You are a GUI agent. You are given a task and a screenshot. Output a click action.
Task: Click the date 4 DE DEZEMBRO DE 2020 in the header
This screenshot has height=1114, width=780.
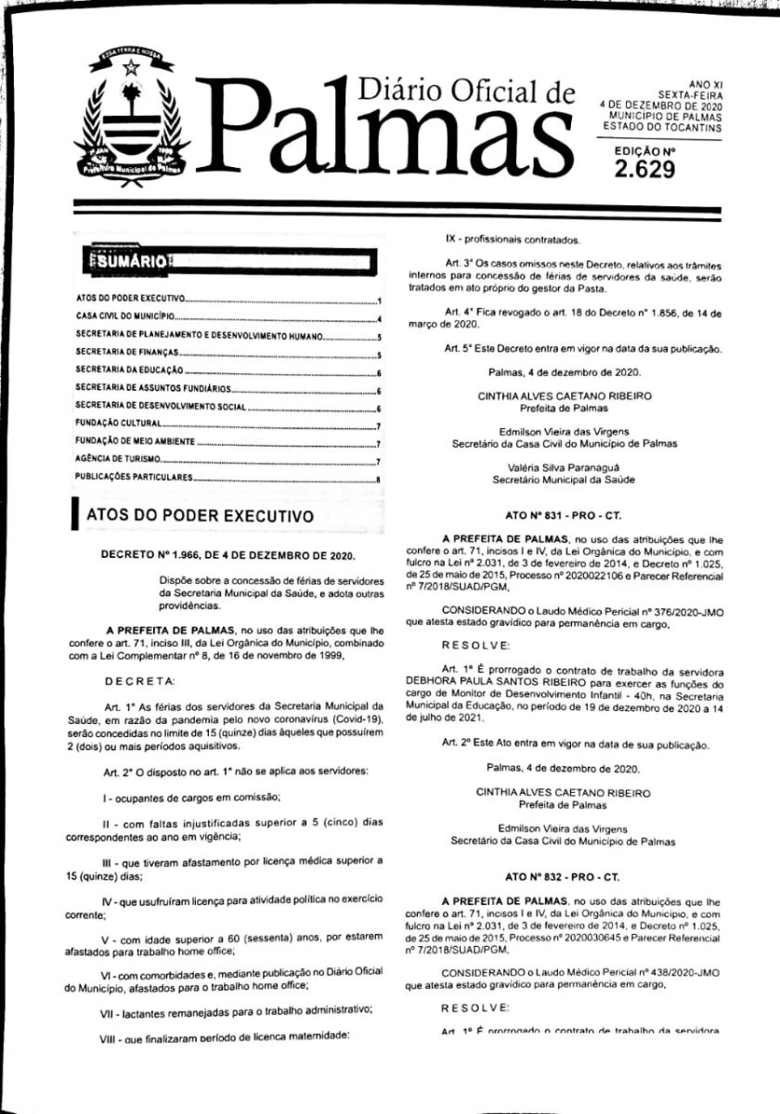660,105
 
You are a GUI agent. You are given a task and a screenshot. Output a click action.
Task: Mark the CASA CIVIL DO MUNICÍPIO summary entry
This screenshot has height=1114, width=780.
120,318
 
